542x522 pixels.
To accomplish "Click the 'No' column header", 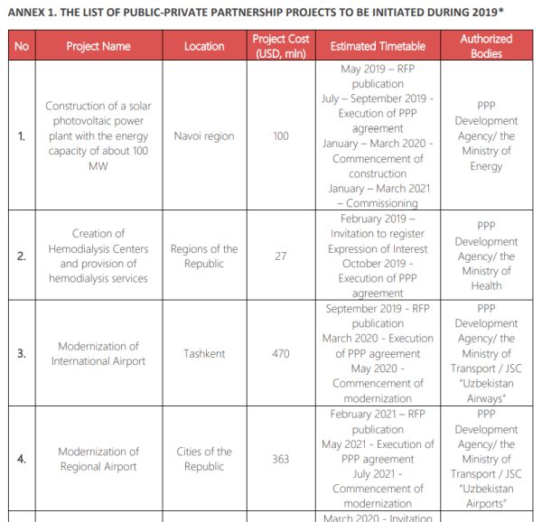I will click(22, 46).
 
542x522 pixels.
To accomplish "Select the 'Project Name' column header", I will click(98, 46).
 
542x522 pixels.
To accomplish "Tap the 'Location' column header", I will click(204, 46).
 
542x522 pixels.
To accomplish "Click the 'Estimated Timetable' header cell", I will click(378, 46).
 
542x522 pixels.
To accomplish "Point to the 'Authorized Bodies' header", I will click(486, 46).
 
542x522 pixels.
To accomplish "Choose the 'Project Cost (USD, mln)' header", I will click(281, 46).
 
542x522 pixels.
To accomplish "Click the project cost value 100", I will click(281, 136).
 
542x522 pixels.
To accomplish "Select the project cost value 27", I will click(281, 256).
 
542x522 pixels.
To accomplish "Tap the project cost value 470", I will click(281, 353).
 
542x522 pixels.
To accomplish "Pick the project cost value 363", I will click(281, 459).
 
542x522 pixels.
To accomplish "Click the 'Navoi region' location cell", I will click(204, 136).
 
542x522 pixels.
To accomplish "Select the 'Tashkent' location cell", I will click(204, 353).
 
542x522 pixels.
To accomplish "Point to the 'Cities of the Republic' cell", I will click(204, 459).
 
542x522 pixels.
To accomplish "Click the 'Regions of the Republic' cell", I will click(204, 256).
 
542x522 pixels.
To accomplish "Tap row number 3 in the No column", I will click(22, 353).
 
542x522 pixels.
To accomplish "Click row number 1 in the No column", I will click(22, 136).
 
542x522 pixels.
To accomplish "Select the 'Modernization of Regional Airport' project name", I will click(98, 459).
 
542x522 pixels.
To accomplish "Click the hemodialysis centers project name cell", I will click(98, 256).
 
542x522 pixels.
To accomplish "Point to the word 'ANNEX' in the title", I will click(28, 11).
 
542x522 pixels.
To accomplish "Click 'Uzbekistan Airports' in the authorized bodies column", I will click(486, 496).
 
